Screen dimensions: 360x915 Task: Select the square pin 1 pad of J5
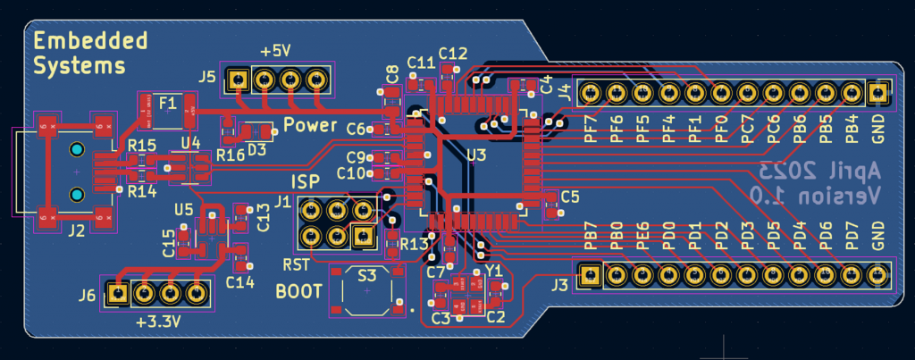coord(237,80)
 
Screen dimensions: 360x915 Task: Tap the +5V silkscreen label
coord(275,52)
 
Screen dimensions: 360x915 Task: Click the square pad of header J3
coord(590,275)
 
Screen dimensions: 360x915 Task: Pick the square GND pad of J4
coord(877,92)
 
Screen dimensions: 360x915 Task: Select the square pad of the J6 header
coord(116,291)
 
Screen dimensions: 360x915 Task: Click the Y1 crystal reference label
coord(494,270)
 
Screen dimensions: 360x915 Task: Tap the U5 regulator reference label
coord(183,210)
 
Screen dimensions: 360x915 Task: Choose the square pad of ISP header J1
coord(363,236)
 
